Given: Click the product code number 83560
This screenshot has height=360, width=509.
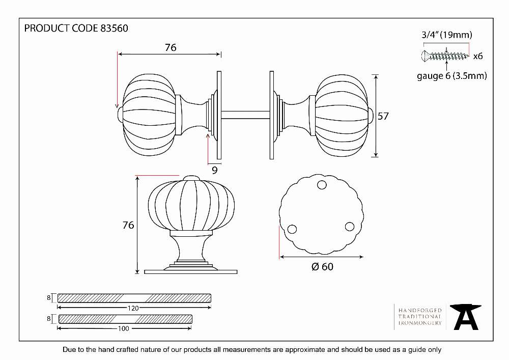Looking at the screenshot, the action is pos(114,28).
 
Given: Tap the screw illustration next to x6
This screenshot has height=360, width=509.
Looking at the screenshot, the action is pos(445,56).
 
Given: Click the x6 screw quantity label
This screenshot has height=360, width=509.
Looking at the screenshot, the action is pos(478,56).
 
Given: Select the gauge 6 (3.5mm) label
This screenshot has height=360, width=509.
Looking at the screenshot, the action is pos(452,76).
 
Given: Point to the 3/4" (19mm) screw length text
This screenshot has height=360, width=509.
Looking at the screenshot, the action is pos(447,35).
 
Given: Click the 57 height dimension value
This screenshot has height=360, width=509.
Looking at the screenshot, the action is pos(383,116).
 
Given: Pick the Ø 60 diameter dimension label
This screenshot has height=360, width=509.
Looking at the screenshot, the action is pos(322,266).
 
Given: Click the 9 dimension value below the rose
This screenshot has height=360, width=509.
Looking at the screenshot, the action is pos(215,170).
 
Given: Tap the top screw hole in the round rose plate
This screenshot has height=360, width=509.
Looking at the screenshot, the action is pos(322,185).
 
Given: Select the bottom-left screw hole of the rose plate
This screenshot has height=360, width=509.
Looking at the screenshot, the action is pos(292,229).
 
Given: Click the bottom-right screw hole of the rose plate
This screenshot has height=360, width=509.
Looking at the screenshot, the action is pos(350,226).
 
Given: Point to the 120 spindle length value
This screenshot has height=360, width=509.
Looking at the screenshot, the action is pos(133,308).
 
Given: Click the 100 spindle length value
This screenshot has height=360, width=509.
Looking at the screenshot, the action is pos(123,328).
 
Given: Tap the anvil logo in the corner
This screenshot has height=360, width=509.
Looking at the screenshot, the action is pos(466,317).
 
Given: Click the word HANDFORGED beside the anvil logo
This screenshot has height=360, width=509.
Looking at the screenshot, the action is pos(420,311).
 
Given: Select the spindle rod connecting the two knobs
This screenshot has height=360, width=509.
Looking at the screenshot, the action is pos(245,115).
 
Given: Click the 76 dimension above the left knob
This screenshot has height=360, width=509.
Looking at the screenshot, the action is pos(171,48).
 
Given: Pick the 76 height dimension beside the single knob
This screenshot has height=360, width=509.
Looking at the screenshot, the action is pos(128,225).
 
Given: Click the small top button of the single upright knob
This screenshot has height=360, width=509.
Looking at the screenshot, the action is pos(191,178).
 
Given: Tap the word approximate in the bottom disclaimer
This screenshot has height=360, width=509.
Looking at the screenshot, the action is pos(305,350).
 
